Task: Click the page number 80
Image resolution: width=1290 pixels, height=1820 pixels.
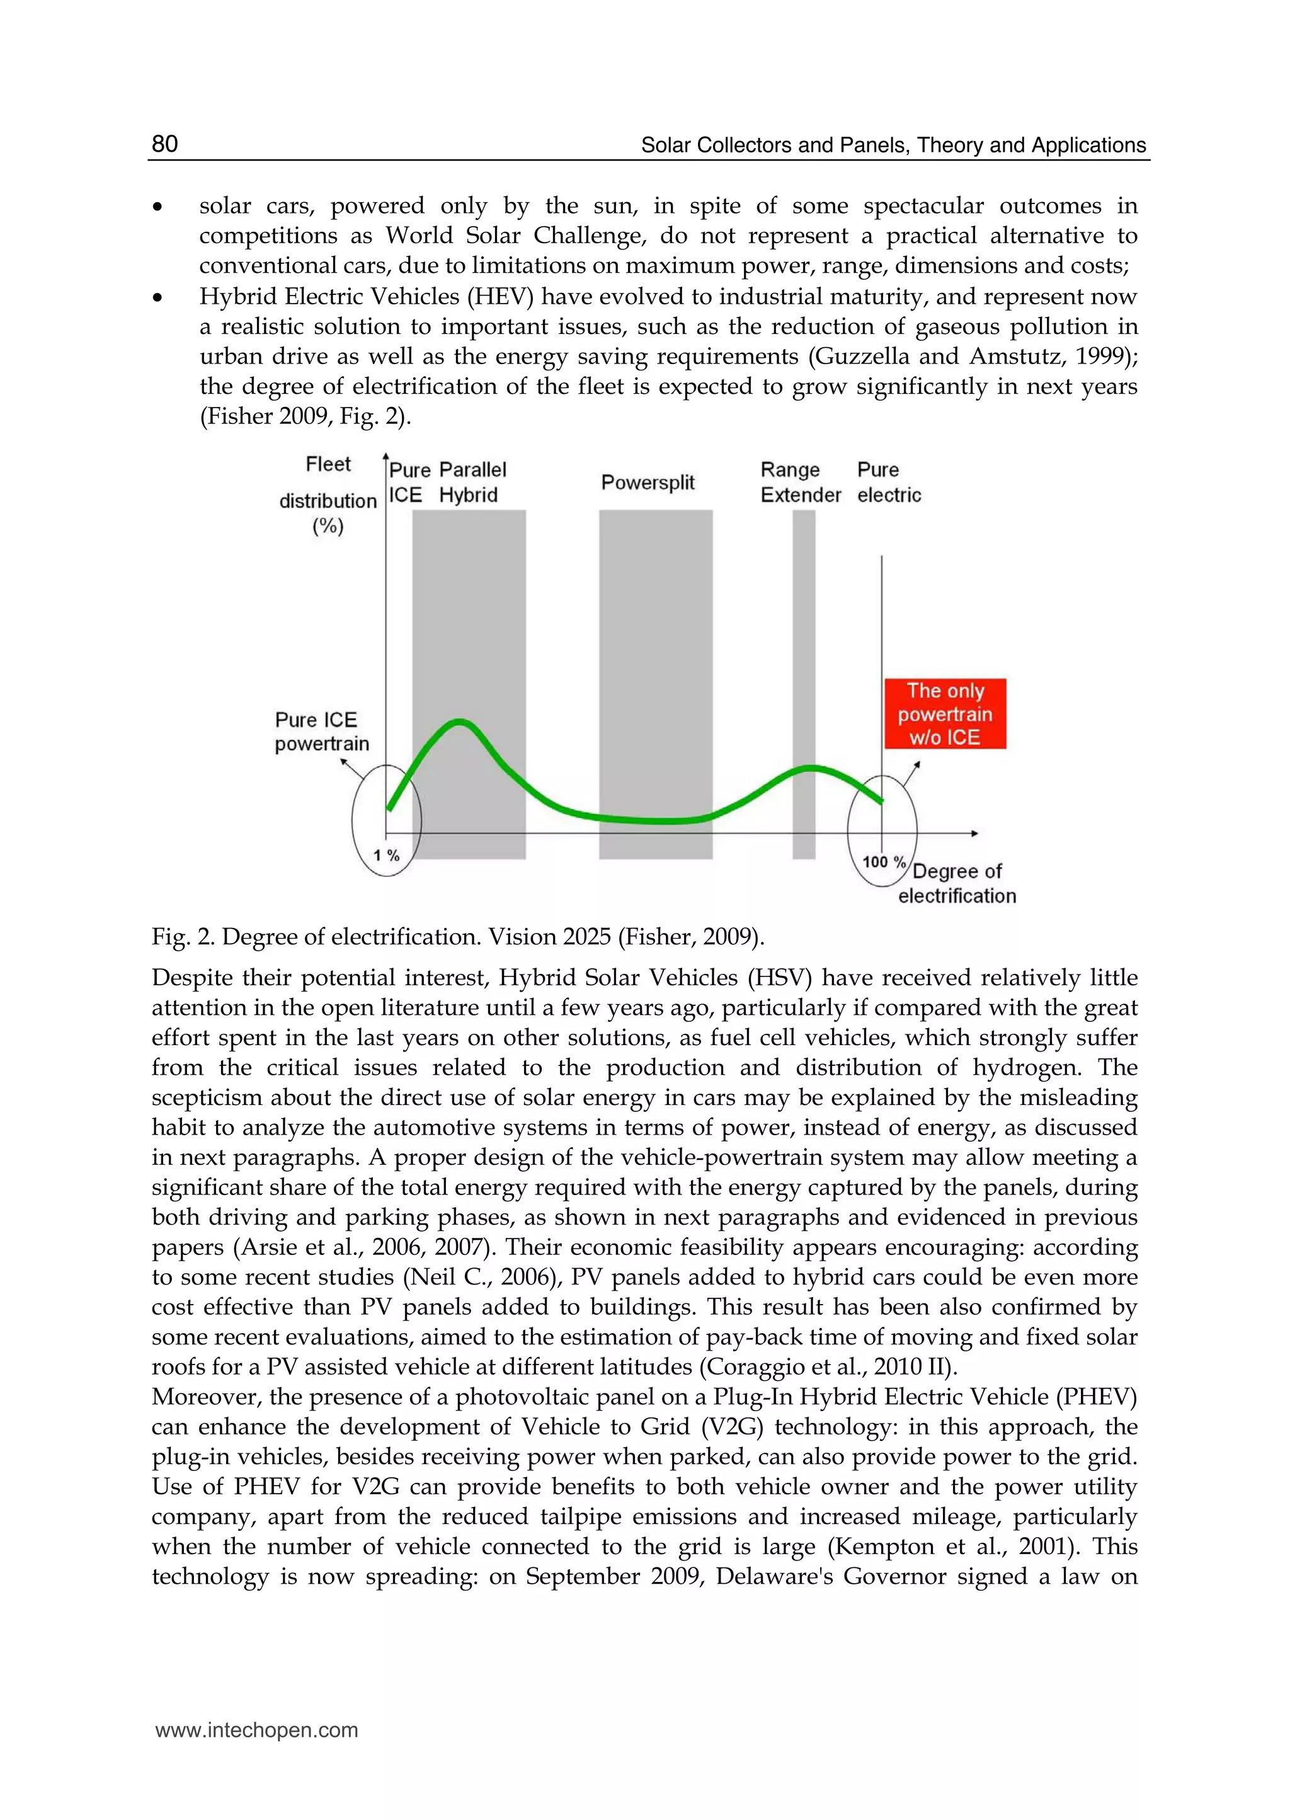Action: click(x=164, y=144)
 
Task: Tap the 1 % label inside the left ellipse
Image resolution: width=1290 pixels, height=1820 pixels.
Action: click(x=386, y=856)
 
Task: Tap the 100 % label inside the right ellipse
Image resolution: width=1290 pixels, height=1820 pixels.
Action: click(x=883, y=861)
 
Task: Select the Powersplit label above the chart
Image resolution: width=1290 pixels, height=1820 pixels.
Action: click(x=648, y=482)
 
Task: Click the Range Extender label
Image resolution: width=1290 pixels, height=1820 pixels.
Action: click(x=799, y=482)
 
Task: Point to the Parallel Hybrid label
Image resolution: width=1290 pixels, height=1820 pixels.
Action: click(x=472, y=482)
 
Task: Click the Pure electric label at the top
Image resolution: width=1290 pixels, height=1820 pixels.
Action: click(x=888, y=482)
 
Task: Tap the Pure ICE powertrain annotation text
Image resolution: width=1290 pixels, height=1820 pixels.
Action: click(x=322, y=731)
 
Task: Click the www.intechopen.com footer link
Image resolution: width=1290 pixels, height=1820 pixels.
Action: click(x=256, y=1729)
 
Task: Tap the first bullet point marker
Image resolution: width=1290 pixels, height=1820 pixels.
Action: click(x=158, y=207)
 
